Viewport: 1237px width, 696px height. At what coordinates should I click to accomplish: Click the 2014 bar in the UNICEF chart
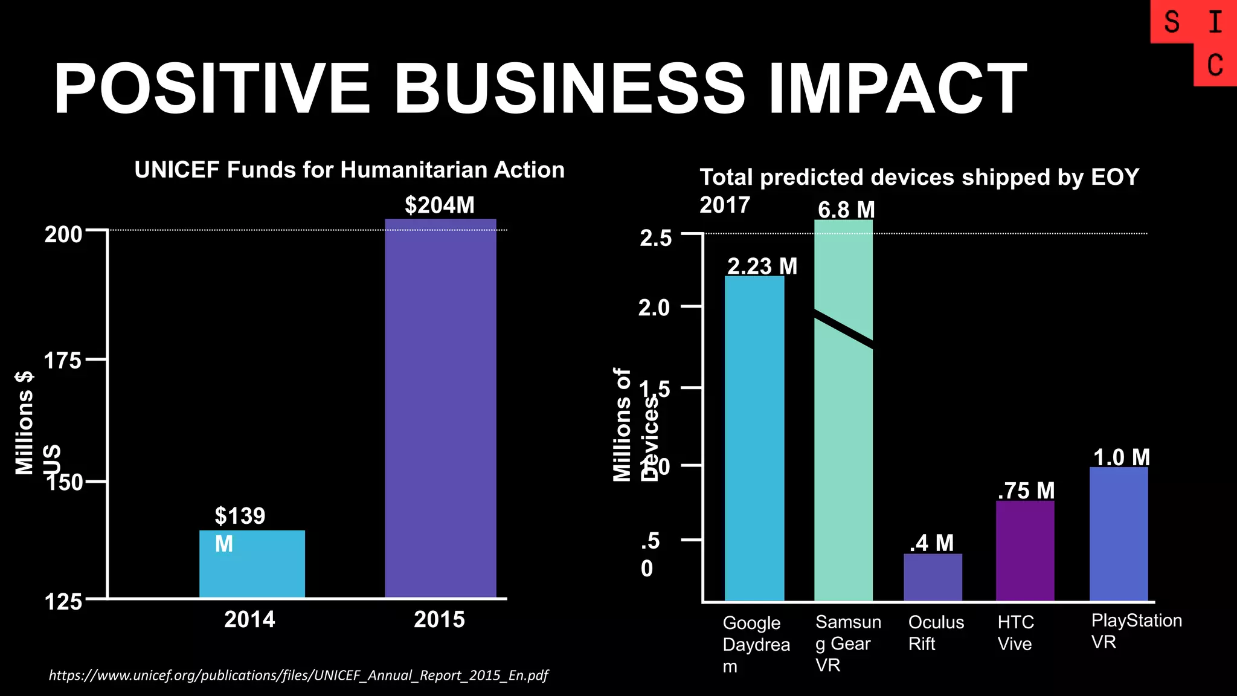[x=252, y=564]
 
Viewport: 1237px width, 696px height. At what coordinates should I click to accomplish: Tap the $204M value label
[x=439, y=205]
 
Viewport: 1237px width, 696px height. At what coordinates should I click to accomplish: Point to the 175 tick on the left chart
[x=62, y=361]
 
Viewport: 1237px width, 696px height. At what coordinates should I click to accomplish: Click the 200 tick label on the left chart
[x=63, y=234]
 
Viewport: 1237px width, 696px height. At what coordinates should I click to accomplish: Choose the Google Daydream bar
[x=754, y=439]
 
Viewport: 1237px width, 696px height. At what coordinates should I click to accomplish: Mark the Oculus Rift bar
[x=933, y=577]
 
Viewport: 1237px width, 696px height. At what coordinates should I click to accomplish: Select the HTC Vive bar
[x=1025, y=550]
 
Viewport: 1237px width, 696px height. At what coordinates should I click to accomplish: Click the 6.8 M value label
[x=846, y=210]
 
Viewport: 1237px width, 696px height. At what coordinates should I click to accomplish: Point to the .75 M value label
[x=1026, y=491]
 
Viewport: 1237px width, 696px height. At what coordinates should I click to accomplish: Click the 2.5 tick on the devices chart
[x=656, y=238]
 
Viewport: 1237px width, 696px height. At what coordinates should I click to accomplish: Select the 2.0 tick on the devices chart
[x=655, y=308]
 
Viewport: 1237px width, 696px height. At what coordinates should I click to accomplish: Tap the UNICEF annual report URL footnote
[x=298, y=675]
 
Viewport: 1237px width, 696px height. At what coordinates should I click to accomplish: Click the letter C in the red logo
[x=1215, y=65]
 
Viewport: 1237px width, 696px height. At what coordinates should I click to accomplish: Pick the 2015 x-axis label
[x=439, y=619]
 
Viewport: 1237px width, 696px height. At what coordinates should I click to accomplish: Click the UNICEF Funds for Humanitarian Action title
[x=349, y=170]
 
